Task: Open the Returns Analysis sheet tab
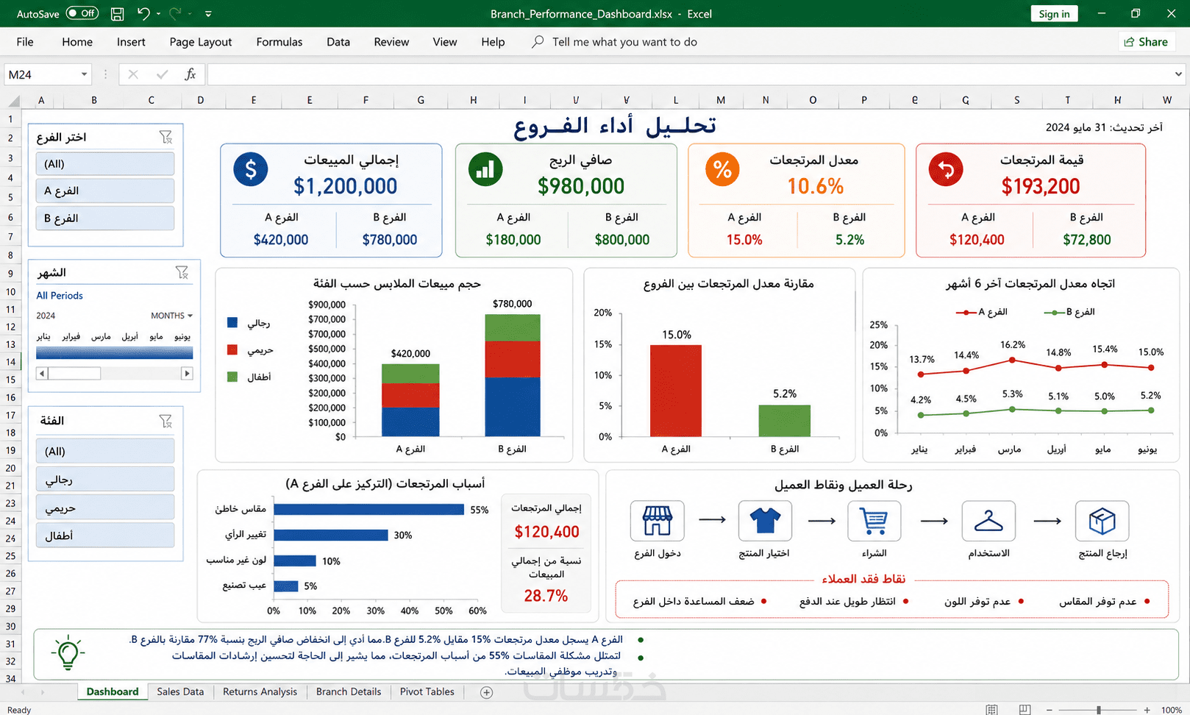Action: click(260, 691)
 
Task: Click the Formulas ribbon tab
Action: click(279, 42)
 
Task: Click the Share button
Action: click(1146, 42)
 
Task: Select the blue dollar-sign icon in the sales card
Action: click(250, 169)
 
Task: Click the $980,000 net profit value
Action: click(580, 186)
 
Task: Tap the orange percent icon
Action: click(722, 169)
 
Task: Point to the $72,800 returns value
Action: click(1087, 240)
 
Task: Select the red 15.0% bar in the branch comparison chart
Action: click(676, 391)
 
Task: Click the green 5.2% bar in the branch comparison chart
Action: click(785, 421)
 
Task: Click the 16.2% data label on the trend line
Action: click(1013, 345)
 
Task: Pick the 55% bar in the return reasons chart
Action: click(368, 510)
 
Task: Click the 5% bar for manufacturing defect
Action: click(286, 586)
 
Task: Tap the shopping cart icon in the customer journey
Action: click(874, 521)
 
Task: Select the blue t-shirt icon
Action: click(765, 520)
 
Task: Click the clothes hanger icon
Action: click(988, 521)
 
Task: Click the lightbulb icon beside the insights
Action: click(68, 652)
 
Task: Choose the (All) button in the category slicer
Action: click(105, 451)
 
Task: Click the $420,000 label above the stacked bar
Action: click(410, 353)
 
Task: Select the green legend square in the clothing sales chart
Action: click(232, 377)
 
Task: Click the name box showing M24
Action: click(47, 74)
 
